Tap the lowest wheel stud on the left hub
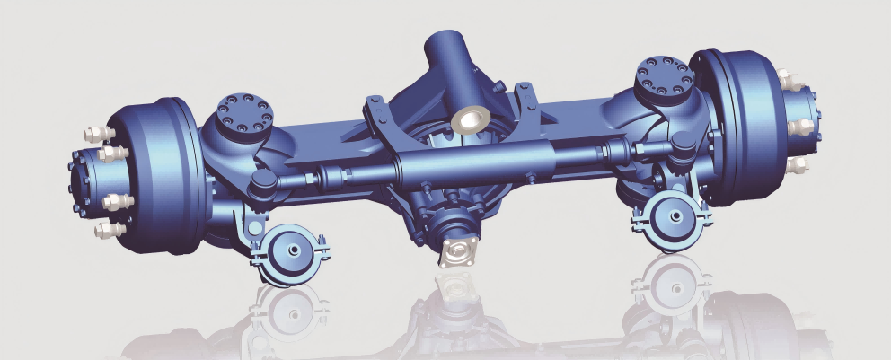pyautogui.click(x=108, y=231)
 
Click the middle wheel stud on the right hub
pyautogui.click(x=799, y=127)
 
